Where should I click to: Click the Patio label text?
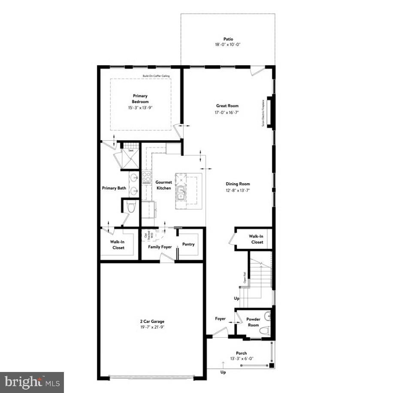(x=228, y=39)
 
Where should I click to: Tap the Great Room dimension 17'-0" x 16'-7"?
(x=227, y=112)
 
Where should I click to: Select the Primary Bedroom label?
(x=140, y=99)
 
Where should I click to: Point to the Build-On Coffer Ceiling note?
(x=157, y=76)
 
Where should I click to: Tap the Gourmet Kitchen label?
(x=163, y=185)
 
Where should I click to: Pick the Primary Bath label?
(x=114, y=188)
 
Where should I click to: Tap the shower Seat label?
(x=130, y=151)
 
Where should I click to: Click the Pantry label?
(x=188, y=245)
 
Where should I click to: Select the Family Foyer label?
(x=160, y=247)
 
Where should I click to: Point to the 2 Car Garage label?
(x=152, y=321)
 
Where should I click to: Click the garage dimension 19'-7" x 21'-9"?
(x=152, y=327)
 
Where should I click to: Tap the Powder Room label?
(x=253, y=322)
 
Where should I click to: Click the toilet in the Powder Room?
(x=265, y=330)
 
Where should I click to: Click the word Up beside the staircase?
(x=236, y=298)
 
